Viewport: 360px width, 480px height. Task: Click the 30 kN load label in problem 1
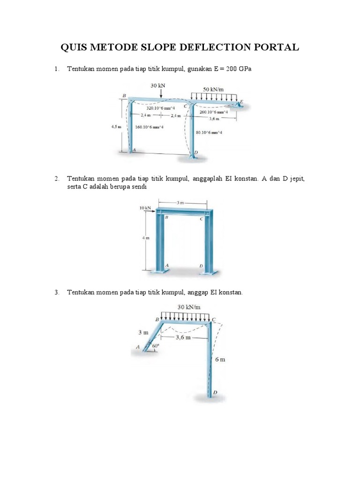(x=158, y=85)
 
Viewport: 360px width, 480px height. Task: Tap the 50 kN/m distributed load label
(x=213, y=89)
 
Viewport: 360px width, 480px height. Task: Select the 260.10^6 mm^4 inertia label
(x=214, y=112)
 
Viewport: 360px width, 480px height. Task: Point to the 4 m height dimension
(x=146, y=238)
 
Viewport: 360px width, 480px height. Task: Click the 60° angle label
(x=156, y=346)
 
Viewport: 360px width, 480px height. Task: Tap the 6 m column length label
(x=220, y=360)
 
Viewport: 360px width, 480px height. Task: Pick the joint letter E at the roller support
(x=242, y=101)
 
